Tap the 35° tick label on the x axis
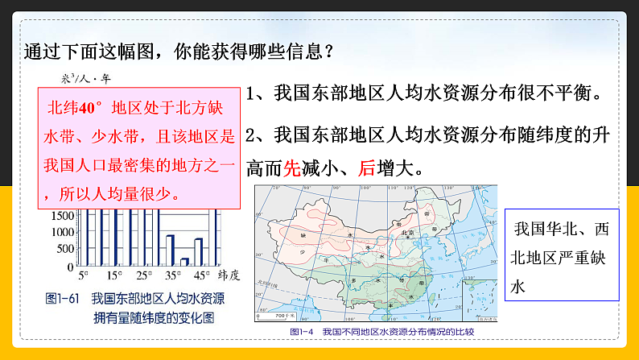click(172, 275)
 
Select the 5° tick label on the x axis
click(84, 275)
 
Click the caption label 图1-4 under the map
click(304, 331)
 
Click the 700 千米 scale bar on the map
click(282, 315)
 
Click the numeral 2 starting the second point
click(252, 134)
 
